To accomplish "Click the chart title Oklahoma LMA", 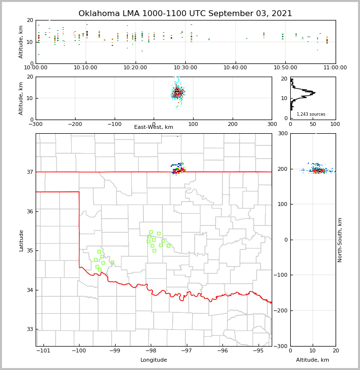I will (185, 14).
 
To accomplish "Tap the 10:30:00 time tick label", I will (185, 67).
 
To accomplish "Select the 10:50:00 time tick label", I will (285, 67).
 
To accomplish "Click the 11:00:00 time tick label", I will (335, 67).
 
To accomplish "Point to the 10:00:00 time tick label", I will (36, 67).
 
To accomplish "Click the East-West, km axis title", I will (154, 127).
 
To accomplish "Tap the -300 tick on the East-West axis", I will (36, 124).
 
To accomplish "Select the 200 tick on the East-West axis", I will (233, 124).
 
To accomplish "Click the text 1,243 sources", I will (311, 114).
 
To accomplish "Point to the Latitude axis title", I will (21, 240).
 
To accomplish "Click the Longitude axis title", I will (154, 360).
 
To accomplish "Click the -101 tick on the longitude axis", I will (43, 351).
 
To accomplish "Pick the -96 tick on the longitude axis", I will (222, 351).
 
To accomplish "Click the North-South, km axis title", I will (340, 240).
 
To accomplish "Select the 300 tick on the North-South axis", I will (282, 134).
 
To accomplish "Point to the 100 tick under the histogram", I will (335, 124).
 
